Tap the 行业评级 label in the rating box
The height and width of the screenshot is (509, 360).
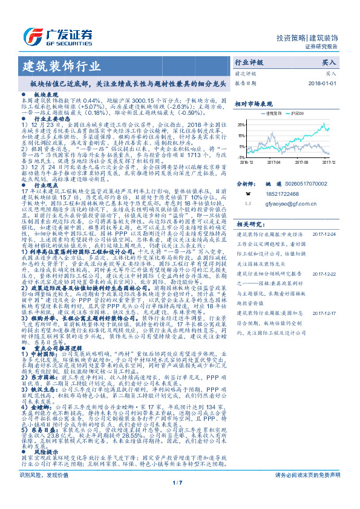point(249,62)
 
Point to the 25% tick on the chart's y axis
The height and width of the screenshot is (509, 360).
point(241,123)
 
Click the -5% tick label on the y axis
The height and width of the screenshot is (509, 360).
point(242,146)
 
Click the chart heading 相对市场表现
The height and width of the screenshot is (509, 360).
point(254,104)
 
